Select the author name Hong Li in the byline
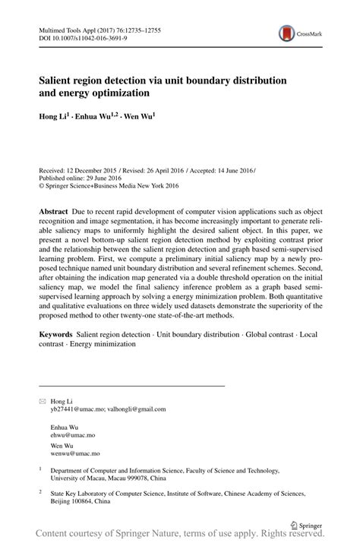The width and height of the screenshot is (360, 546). [x=54, y=116]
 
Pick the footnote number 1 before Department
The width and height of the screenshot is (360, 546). [x=40, y=469]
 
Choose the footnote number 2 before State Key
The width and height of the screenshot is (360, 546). [x=40, y=491]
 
